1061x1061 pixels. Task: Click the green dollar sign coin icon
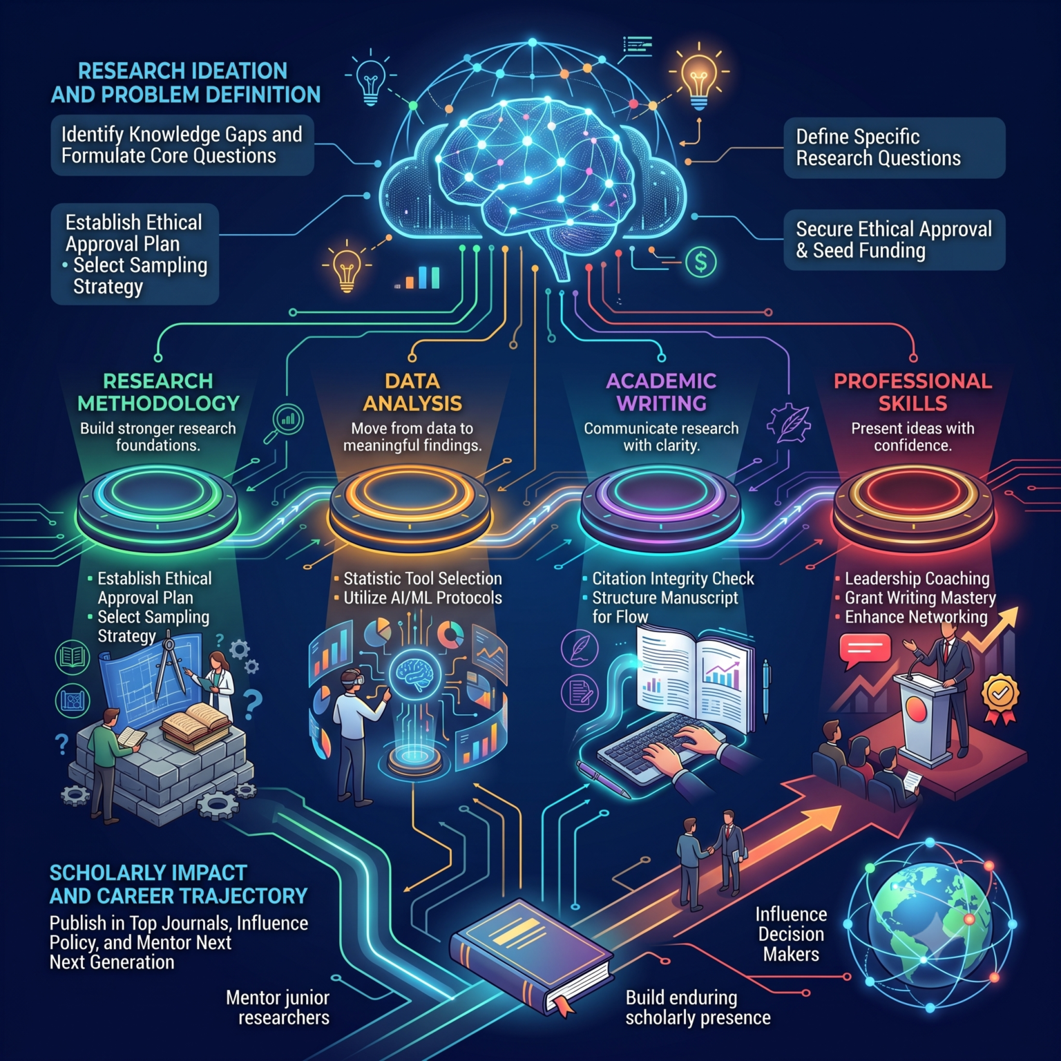700,262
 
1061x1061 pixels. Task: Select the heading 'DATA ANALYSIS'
412,392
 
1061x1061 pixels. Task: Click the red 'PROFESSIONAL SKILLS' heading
912,392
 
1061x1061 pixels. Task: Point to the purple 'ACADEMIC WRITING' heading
661,392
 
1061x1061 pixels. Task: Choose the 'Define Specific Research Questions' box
894,147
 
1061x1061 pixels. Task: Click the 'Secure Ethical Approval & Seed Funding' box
894,239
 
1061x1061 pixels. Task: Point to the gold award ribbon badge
1000,698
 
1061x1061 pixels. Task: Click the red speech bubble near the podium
864,651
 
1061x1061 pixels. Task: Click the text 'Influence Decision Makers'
791,934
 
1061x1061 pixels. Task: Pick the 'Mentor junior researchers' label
278,1007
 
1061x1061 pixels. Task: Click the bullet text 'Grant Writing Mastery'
920,598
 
